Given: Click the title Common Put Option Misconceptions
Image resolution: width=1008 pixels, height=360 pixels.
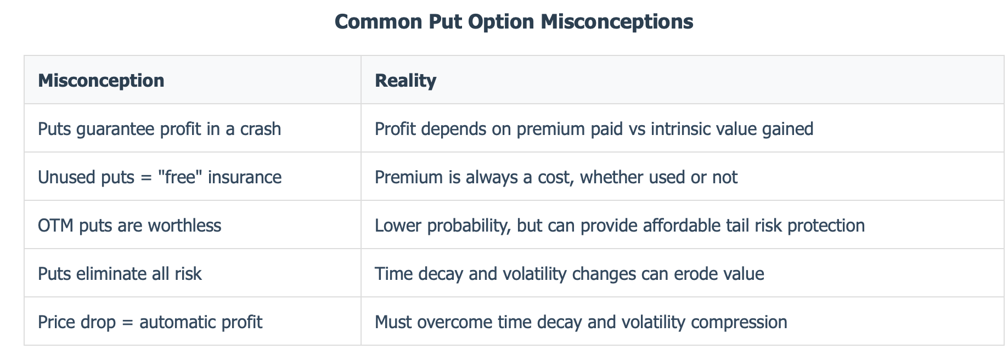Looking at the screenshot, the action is (x=514, y=22).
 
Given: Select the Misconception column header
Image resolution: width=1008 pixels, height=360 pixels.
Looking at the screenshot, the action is (x=101, y=81).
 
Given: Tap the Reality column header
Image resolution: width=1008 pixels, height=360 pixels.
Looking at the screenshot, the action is (x=406, y=81).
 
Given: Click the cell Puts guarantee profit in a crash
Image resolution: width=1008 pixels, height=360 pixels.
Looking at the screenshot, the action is (x=159, y=129).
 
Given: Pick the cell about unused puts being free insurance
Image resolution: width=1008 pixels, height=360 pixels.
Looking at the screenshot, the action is (x=160, y=177).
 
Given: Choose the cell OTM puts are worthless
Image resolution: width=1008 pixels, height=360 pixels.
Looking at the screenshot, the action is (x=129, y=226).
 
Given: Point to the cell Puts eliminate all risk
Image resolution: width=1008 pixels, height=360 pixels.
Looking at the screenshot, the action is (x=120, y=273).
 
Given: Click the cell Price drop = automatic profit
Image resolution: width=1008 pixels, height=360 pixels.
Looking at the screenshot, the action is (x=150, y=322).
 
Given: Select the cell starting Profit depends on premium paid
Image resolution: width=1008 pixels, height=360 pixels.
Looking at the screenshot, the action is (x=594, y=129).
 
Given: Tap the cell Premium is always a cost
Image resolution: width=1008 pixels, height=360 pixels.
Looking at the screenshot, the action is (x=556, y=177).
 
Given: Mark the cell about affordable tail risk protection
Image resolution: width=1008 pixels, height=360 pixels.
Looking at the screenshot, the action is (x=620, y=226).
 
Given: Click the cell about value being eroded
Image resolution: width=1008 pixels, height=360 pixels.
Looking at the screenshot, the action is (x=569, y=273).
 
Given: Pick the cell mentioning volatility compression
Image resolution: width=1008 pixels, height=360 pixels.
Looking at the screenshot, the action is (x=581, y=322).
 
